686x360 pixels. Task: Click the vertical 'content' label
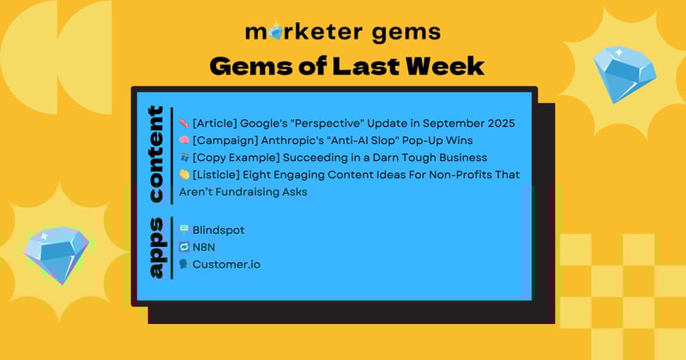[155, 154]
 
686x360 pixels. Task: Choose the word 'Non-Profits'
[448, 175]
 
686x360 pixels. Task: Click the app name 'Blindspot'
[220, 230]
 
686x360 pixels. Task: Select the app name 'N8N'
[205, 247]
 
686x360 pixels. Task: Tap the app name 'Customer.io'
[226, 264]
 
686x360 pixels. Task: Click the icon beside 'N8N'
[184, 247]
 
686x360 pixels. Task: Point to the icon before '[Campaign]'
[184, 141]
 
